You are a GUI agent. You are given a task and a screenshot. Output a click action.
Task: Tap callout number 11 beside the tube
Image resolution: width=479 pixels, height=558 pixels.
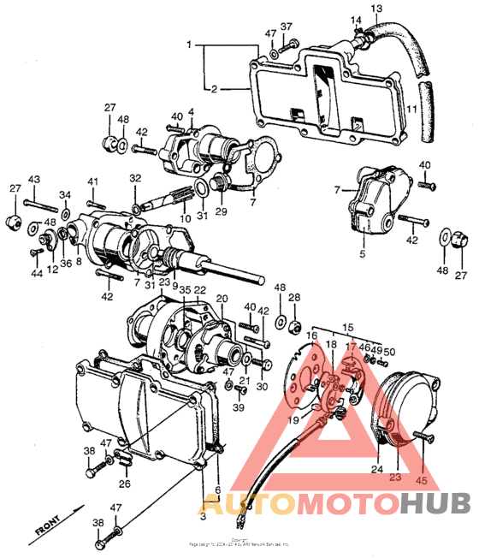click(412, 110)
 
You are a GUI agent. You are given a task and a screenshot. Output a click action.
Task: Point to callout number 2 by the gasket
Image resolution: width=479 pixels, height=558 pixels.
click(214, 87)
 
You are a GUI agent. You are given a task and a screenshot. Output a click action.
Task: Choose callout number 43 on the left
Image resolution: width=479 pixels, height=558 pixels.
click(33, 179)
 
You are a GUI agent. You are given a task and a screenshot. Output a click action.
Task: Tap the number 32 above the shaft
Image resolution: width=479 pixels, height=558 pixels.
click(135, 178)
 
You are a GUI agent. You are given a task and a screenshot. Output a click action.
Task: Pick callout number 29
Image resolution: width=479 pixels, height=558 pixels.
click(222, 212)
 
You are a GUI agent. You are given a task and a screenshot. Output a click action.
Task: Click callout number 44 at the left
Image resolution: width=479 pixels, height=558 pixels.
click(38, 274)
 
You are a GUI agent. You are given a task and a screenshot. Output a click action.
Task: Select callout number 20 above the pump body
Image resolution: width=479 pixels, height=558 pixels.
click(222, 299)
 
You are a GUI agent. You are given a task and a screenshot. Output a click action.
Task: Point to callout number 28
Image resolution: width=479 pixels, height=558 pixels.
click(295, 298)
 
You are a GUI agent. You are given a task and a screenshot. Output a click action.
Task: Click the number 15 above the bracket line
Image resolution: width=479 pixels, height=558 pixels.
click(347, 327)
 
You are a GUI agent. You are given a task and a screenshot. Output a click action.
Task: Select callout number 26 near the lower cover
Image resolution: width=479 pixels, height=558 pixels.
click(126, 483)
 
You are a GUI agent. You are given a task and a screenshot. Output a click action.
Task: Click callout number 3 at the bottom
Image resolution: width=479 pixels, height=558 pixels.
click(203, 517)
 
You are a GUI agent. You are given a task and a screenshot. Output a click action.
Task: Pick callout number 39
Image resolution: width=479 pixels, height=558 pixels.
click(239, 407)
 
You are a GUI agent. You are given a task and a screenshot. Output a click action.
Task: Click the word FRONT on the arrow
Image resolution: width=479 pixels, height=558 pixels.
click(46, 523)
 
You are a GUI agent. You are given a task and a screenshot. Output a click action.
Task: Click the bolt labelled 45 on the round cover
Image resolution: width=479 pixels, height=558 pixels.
click(421, 437)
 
